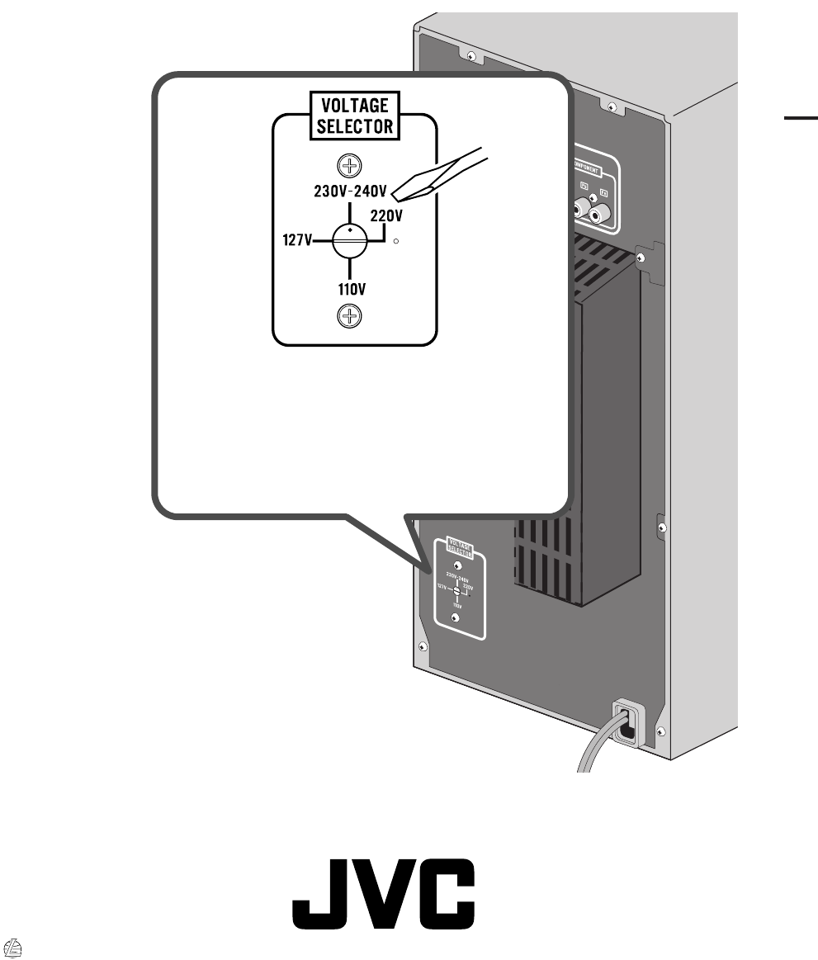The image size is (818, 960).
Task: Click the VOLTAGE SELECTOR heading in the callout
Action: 353,116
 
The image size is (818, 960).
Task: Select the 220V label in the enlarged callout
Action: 385,216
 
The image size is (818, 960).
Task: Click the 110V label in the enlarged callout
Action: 352,290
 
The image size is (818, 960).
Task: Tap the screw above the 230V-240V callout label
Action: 351,166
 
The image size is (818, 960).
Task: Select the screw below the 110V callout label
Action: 351,315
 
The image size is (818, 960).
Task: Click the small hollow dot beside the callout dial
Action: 397,242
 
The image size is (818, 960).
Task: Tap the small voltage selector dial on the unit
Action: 456,590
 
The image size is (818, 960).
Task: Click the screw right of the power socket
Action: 659,732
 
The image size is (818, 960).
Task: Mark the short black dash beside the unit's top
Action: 799,118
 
